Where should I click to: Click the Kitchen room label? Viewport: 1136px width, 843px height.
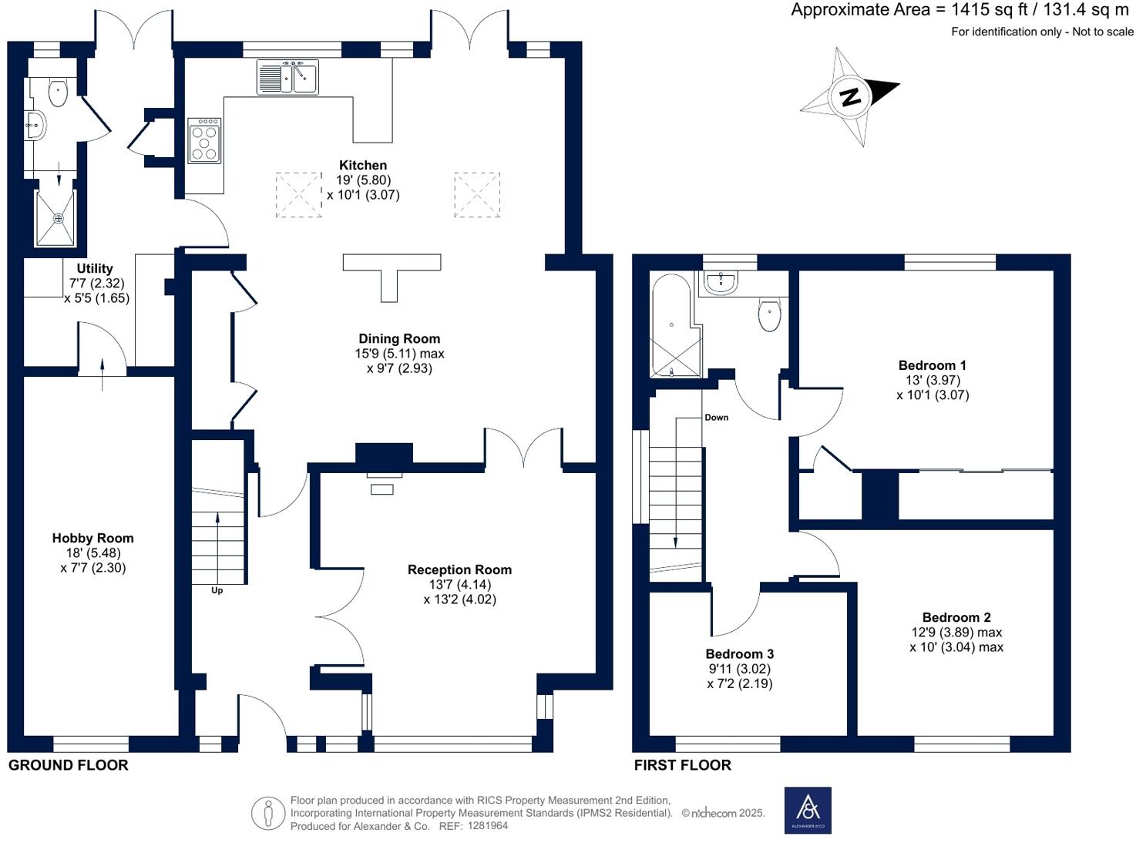(363, 165)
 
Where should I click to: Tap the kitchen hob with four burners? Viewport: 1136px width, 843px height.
(204, 140)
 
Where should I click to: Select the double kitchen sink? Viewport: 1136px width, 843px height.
(287, 77)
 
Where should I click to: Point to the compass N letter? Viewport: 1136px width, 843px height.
(850, 97)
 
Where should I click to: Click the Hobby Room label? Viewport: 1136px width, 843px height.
(92, 538)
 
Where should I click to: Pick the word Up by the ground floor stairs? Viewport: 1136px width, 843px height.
(217, 590)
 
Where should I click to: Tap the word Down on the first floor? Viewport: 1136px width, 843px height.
(716, 418)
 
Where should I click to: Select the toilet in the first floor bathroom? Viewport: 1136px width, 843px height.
(769, 314)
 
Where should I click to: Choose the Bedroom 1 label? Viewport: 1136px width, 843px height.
(932, 365)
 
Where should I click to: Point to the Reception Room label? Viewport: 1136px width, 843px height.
(459, 569)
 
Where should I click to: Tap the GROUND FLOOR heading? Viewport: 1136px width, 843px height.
(68, 765)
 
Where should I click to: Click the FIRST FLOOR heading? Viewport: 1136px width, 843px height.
(682, 765)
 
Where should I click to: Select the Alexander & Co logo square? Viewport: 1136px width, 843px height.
(808, 810)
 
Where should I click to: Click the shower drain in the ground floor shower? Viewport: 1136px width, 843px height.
(58, 219)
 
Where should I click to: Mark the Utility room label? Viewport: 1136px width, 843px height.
(95, 268)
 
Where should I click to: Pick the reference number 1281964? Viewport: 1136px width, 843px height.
(484, 826)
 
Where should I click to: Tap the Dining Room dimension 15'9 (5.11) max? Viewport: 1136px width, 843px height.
(399, 354)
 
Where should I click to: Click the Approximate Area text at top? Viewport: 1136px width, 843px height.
(960, 10)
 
